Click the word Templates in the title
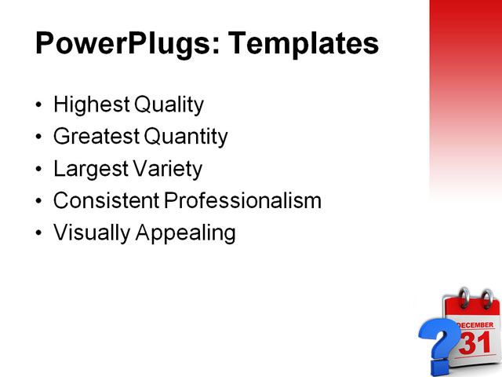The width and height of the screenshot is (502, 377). [x=302, y=43]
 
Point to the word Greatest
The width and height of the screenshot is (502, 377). [x=96, y=137]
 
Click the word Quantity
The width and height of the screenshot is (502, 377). [x=186, y=137]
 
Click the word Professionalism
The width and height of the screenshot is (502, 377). [x=243, y=201]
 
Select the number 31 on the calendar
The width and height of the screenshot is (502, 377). [x=475, y=343]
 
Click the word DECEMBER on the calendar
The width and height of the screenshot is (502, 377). [x=475, y=324]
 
